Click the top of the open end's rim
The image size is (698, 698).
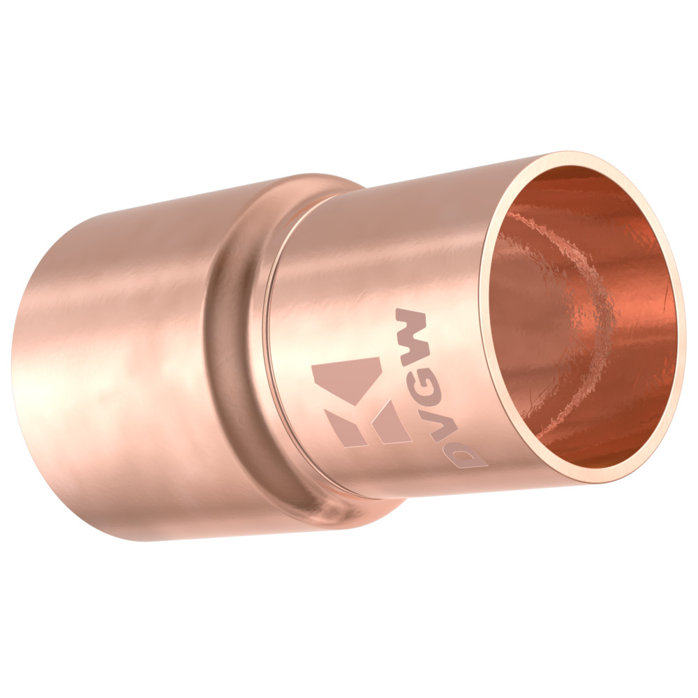[579, 157]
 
